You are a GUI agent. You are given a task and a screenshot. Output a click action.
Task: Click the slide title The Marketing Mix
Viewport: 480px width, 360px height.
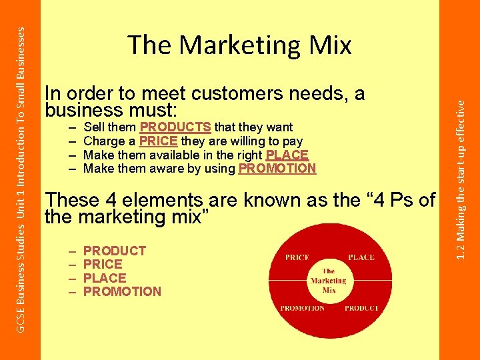tap(239, 45)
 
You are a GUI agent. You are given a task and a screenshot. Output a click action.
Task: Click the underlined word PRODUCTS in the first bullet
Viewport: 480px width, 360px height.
tap(175, 127)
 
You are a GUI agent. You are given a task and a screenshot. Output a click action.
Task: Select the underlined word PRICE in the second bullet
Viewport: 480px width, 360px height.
tap(159, 141)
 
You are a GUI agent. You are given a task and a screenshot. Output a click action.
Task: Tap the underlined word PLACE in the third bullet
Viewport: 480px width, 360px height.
tap(287, 155)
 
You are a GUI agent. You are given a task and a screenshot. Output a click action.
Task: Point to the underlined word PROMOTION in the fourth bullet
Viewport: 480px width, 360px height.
tap(277, 169)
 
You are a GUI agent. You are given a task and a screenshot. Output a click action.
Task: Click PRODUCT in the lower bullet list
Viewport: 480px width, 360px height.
tap(115, 251)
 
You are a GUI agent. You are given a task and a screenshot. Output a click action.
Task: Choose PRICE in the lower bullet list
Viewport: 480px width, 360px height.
tap(103, 264)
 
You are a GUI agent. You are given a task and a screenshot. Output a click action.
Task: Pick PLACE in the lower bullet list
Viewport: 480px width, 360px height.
tap(105, 278)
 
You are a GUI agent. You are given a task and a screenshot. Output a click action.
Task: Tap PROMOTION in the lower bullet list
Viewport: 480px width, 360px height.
tap(122, 291)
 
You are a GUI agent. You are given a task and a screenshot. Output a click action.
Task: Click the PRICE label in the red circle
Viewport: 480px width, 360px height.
tap(297, 257)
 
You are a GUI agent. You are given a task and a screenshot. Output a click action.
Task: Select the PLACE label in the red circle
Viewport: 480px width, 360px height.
tap(361, 257)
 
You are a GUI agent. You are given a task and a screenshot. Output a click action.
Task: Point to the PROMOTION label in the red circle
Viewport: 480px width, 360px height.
tap(302, 308)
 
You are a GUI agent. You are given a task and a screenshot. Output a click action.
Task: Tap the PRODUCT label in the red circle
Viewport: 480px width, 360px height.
tap(361, 308)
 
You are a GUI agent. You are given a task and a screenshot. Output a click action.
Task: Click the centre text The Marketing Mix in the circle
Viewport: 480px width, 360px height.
tap(328, 281)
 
